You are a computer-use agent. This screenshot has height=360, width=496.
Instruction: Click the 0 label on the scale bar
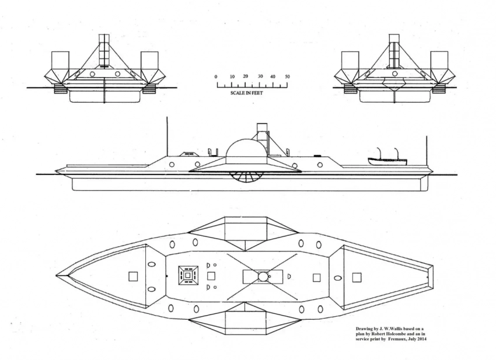coord(216,77)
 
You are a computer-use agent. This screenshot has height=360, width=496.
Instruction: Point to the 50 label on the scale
coord(287,77)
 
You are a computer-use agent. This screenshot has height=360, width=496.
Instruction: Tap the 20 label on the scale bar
coord(246,76)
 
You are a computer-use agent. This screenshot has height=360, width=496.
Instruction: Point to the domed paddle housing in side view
coord(245,152)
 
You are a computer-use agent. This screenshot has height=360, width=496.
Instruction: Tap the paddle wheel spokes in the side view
coord(244,176)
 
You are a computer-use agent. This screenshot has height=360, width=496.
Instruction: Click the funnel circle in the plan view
coord(263,276)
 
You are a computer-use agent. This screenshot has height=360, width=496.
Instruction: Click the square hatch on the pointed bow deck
coord(133,276)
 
